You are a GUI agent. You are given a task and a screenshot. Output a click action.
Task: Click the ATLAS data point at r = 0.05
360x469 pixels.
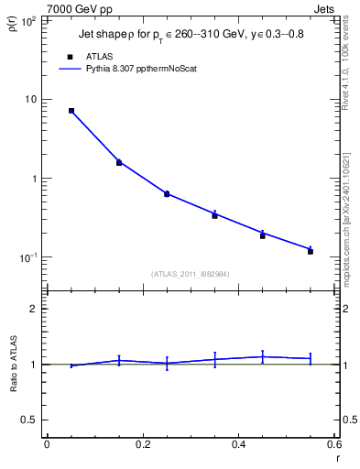pyautogui.click(x=71, y=111)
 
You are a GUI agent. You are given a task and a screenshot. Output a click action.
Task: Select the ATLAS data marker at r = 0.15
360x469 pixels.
pyautogui.click(x=119, y=163)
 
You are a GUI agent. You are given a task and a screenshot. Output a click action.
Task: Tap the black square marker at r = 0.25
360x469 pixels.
pyautogui.click(x=167, y=194)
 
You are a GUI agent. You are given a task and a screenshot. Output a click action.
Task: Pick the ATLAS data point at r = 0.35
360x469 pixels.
pyautogui.click(x=214, y=215)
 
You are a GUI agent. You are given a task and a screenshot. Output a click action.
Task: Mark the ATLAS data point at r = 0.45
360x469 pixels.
pyautogui.click(x=263, y=235)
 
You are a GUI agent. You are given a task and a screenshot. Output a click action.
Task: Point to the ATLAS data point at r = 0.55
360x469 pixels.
pyautogui.click(x=311, y=251)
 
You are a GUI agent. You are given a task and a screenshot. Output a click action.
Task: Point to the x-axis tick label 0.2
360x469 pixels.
pyautogui.click(x=142, y=444)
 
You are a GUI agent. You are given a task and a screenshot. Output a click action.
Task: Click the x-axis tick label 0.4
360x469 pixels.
pyautogui.click(x=238, y=444)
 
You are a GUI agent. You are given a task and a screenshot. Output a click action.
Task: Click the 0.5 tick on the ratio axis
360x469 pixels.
pyautogui.click(x=27, y=420)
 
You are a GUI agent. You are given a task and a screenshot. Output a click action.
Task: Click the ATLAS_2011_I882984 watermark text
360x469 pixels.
pyautogui.click(x=190, y=273)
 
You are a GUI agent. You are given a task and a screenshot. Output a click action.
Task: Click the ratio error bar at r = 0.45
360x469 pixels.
pyautogui.click(x=263, y=357)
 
